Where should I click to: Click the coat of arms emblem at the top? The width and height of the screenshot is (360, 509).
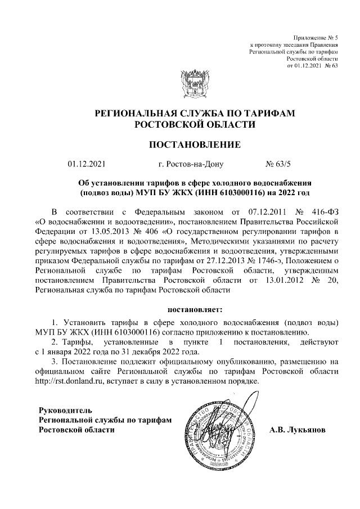[194, 85]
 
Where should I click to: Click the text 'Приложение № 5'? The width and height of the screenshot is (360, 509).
[316, 37]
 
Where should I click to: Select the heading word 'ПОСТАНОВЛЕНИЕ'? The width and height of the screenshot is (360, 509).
[194, 145]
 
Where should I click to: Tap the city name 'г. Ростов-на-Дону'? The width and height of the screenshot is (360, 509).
[191, 165]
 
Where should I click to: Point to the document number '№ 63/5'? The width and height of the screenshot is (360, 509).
[278, 165]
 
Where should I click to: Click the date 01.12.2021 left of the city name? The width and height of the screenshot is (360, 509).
[86, 165]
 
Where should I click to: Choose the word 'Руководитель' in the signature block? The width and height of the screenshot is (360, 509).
[61, 410]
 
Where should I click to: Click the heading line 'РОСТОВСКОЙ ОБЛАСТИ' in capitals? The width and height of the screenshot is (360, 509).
[194, 124]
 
